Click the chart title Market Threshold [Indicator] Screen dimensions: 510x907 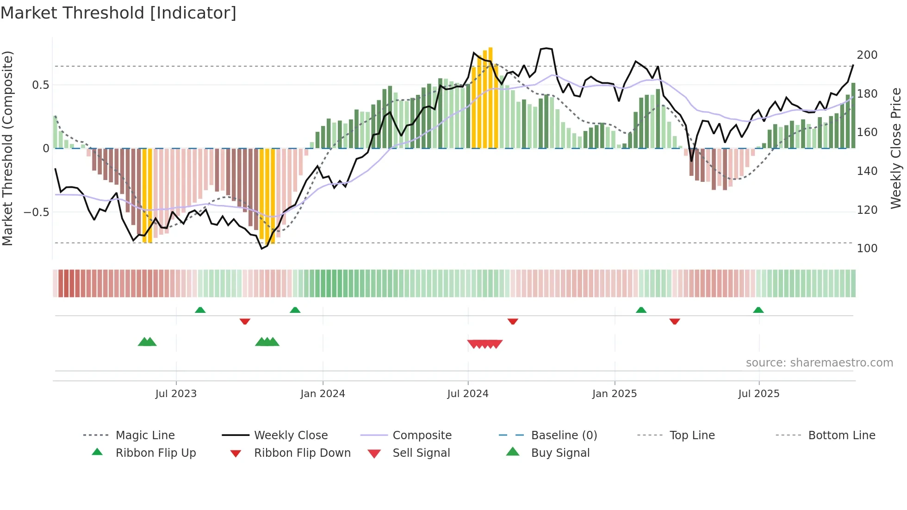point(118,13)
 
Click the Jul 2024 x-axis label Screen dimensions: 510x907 point(468,393)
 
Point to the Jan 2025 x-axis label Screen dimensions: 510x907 point(615,393)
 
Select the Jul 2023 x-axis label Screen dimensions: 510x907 point(176,393)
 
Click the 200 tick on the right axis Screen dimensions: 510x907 point(867,55)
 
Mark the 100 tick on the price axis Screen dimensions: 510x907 point(867,248)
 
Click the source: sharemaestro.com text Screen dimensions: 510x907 point(819,362)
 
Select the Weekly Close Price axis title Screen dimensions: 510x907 point(896,148)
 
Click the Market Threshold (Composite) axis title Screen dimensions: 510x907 point(7,148)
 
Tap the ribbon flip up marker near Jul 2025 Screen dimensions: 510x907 point(758,310)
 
